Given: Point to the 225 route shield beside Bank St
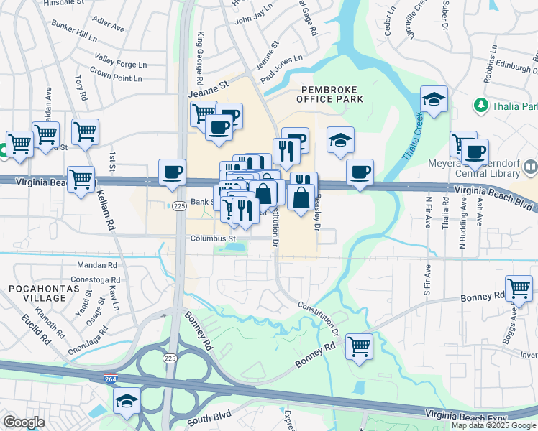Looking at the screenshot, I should [178, 206].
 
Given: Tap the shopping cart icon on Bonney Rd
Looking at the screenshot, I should [359, 347].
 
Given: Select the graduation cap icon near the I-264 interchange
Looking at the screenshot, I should [127, 400].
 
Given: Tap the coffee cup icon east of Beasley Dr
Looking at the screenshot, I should [359, 172].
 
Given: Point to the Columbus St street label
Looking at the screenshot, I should [213, 238].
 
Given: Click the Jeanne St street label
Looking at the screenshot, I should [208, 85].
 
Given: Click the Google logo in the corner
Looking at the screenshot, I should [24, 422].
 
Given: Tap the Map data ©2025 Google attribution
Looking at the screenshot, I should [493, 425].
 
